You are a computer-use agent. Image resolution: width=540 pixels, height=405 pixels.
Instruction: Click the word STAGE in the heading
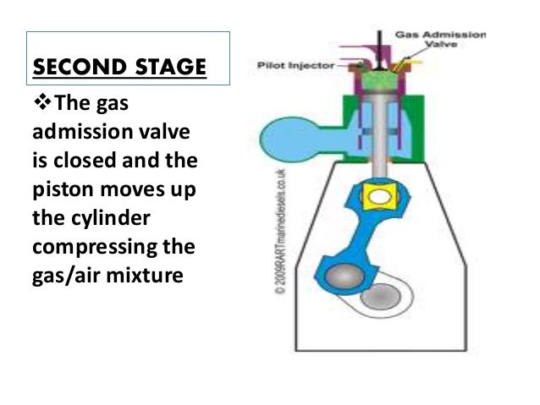(157, 66)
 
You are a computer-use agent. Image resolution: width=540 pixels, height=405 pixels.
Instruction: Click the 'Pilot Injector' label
(288, 63)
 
